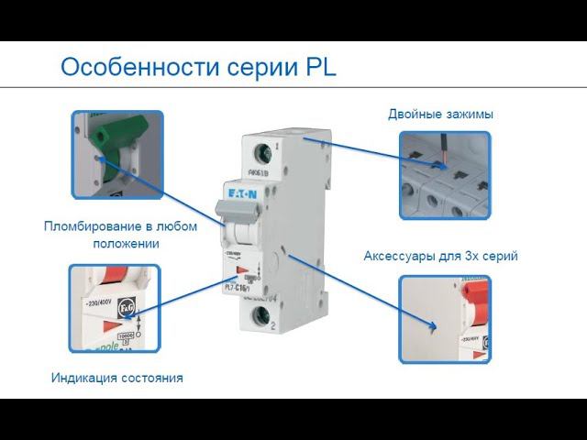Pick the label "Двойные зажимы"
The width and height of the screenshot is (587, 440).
pyautogui.click(x=440, y=115)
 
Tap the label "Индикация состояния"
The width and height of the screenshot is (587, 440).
pyautogui.click(x=116, y=378)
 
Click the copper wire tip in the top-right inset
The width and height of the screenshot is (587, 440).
pyautogui.click(x=445, y=165)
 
